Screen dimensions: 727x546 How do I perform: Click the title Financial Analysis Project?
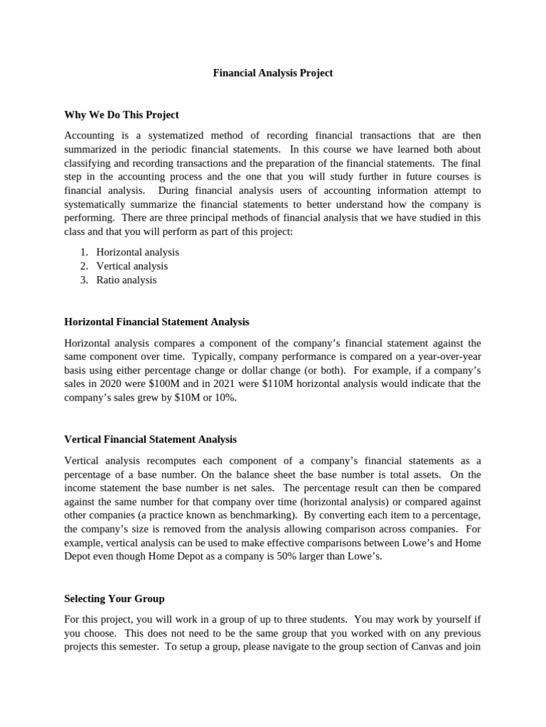tap(273, 73)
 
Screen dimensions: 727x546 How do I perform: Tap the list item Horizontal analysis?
tap(137, 252)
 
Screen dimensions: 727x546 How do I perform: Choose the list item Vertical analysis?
tap(132, 266)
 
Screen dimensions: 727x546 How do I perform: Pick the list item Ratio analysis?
tap(127, 280)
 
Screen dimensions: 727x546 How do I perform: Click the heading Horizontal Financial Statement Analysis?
tap(156, 322)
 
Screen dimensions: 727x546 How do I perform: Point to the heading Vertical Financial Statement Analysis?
tap(151, 439)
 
